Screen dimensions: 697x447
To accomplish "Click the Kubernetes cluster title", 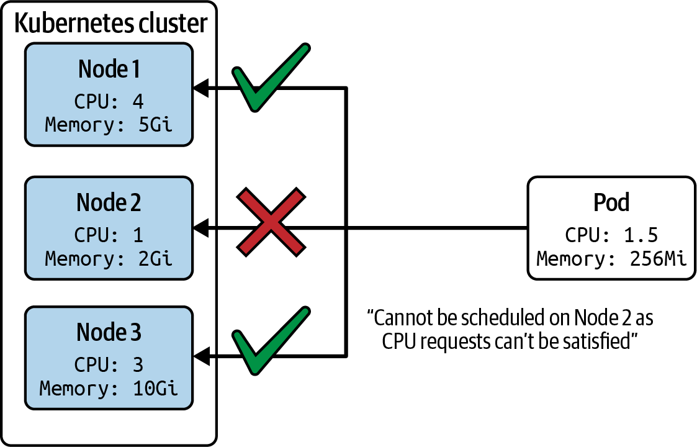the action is point(110,23).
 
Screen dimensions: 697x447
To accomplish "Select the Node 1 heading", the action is point(109,69).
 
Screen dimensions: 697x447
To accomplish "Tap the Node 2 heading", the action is point(109,202).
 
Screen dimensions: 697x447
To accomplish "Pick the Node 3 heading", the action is point(109,332).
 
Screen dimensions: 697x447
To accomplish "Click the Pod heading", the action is point(611,202).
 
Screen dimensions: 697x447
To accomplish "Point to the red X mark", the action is point(271,222).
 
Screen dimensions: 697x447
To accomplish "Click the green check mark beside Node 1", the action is point(270,78).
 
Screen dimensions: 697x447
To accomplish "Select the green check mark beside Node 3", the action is point(270,341).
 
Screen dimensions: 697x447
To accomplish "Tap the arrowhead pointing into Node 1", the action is point(201,89).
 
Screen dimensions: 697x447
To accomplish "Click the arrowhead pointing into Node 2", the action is point(201,228).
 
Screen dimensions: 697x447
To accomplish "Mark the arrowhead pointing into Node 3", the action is point(201,356).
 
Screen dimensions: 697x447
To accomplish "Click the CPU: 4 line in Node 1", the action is point(109,101).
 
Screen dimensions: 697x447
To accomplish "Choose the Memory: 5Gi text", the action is point(109,125).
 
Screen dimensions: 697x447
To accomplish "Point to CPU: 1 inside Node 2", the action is point(109,235).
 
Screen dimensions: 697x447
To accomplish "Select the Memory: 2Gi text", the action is point(109,258).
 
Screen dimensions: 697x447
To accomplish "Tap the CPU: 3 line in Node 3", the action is point(109,364).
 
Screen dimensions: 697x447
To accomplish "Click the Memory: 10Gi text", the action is point(109,388).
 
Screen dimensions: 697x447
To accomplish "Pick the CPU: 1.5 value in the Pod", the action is point(611,235).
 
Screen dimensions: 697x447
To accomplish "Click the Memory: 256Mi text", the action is point(611,258).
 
